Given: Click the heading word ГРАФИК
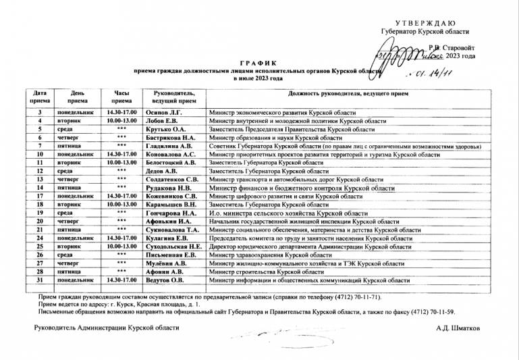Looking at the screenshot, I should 258,63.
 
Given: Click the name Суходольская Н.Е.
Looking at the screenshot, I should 178,247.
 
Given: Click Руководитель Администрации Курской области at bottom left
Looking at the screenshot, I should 107,328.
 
